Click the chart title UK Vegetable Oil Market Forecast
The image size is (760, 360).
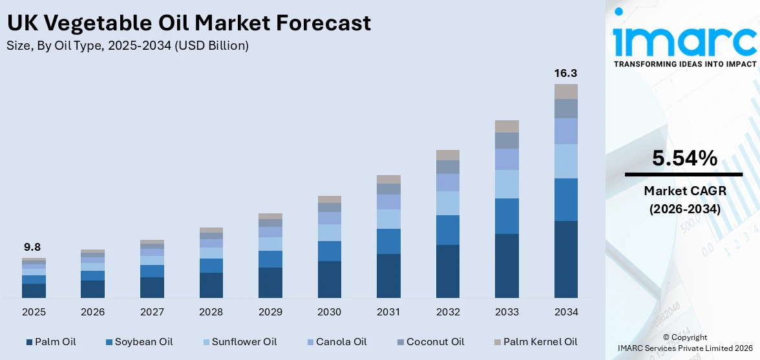click(189, 23)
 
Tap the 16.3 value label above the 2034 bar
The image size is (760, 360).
click(565, 73)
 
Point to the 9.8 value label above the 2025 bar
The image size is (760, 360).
click(32, 247)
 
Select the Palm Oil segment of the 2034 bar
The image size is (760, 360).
click(565, 259)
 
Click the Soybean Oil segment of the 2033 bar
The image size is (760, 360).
click(507, 216)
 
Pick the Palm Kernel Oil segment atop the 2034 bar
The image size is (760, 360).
click(565, 91)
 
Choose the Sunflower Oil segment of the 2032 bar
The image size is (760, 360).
click(447, 203)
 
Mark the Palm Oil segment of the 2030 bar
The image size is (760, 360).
click(329, 279)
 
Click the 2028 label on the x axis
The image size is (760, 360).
click(211, 312)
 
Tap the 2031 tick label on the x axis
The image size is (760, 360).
click(388, 312)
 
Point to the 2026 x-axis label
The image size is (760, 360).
click(92, 312)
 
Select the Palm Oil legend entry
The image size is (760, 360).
click(51, 341)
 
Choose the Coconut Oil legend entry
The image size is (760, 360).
click(430, 341)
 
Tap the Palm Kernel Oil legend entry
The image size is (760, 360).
click(535, 341)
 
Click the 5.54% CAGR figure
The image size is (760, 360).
click(684, 158)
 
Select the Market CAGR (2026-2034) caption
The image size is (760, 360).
click(684, 200)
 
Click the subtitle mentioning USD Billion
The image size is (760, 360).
click(127, 45)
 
